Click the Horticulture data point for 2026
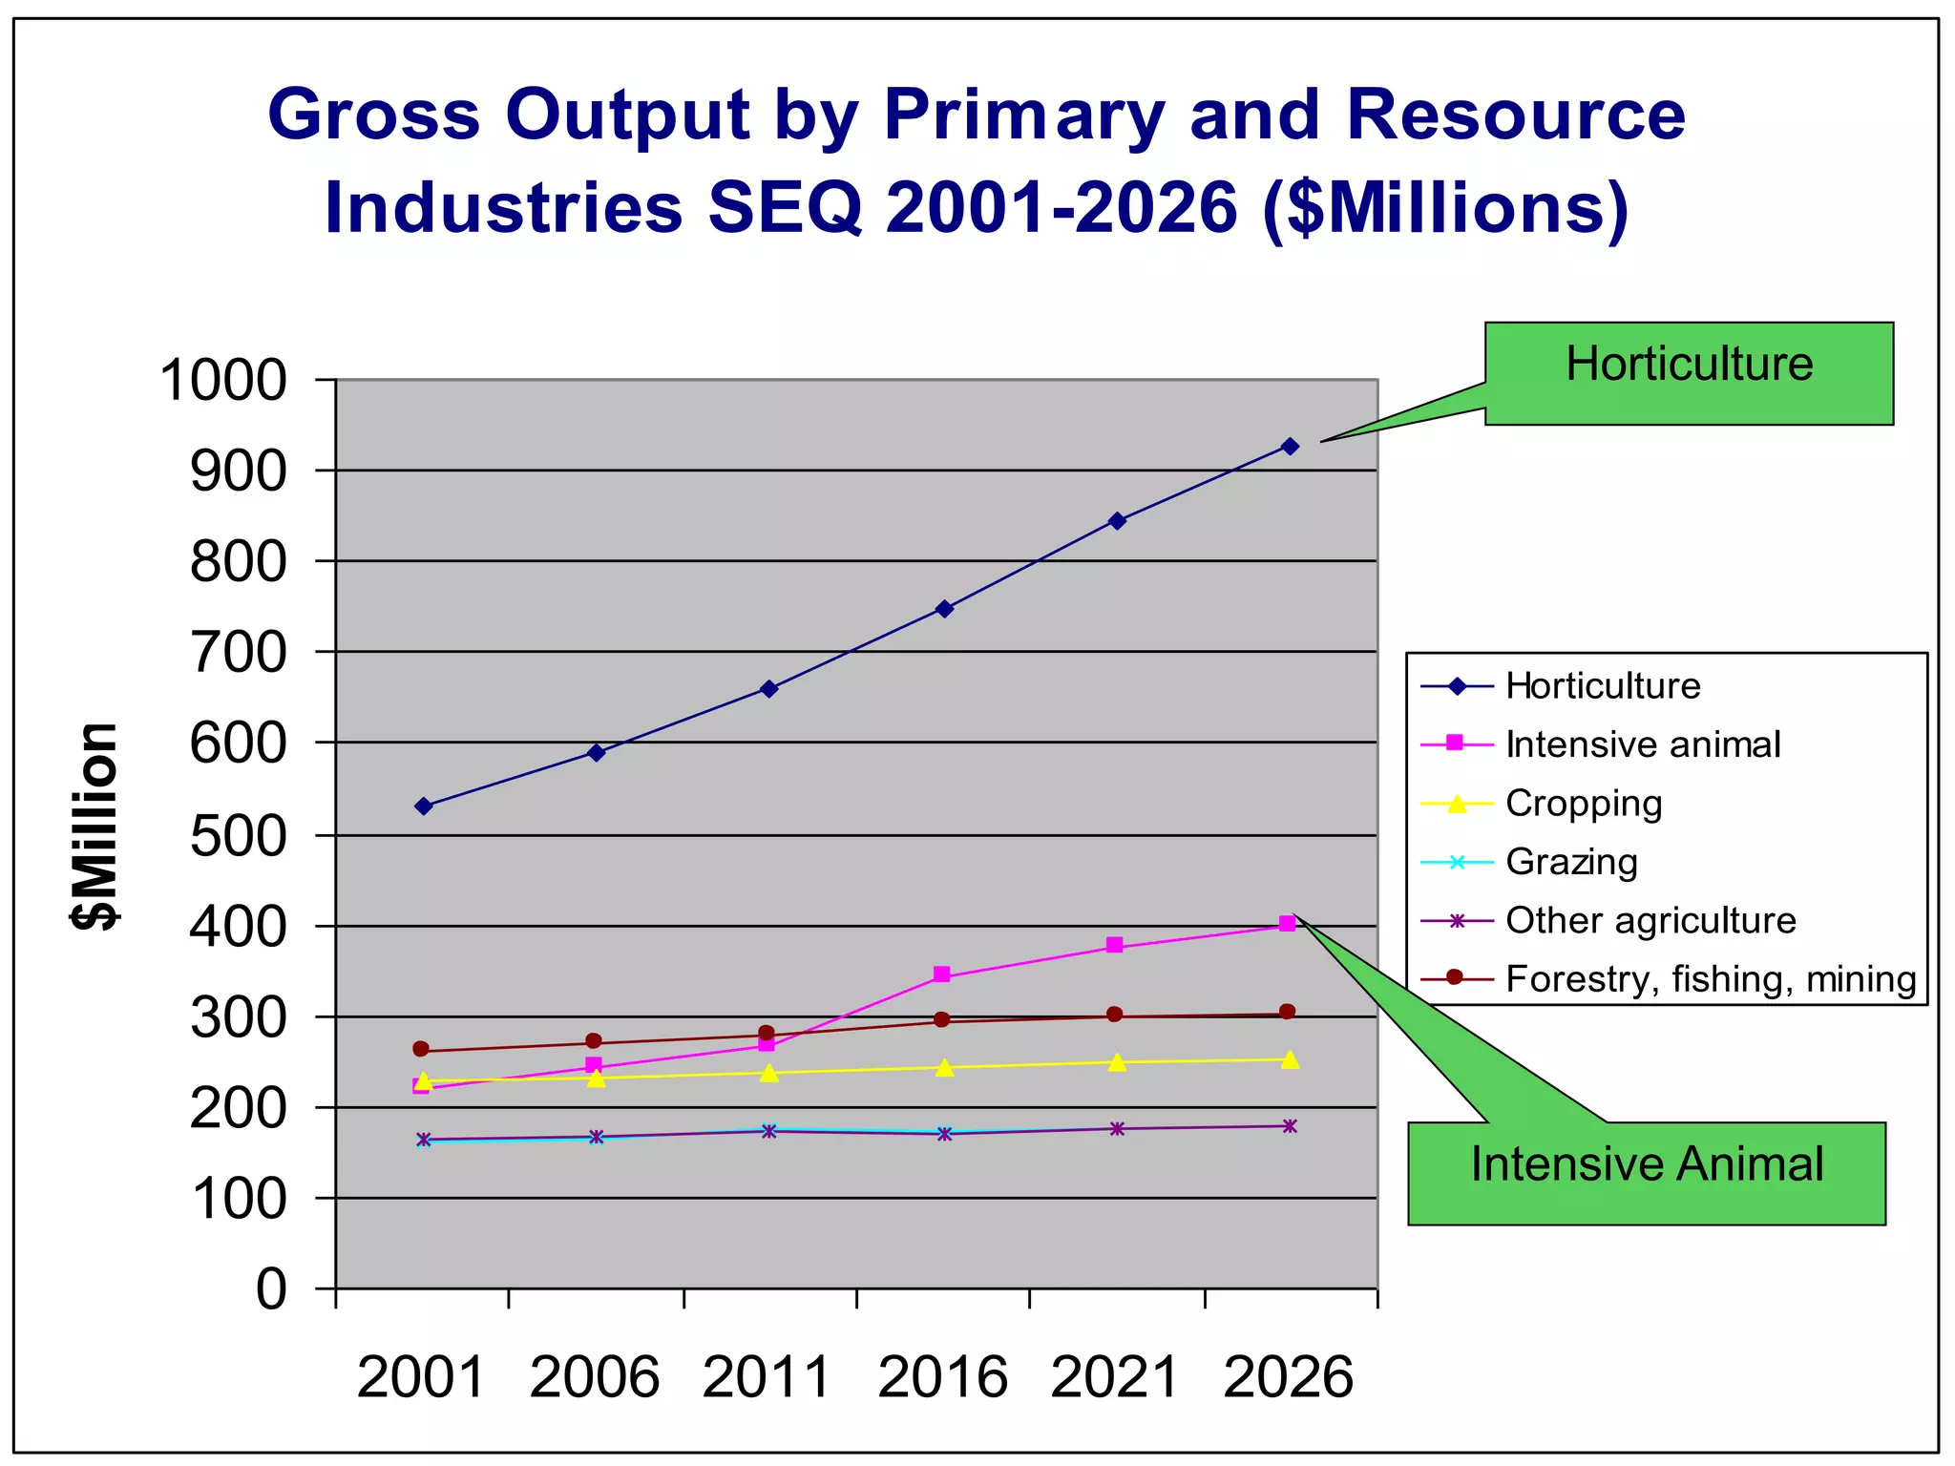click(1290, 446)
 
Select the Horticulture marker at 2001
click(424, 806)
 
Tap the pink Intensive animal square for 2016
click(942, 974)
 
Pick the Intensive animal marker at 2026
click(1287, 923)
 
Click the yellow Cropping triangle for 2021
click(1117, 1062)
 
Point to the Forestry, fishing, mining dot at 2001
click(421, 1049)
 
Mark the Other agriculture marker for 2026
click(1290, 1126)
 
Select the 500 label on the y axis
click(238, 837)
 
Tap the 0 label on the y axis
click(271, 1289)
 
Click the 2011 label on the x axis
click(767, 1377)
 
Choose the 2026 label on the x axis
click(1289, 1377)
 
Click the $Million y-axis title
click(96, 827)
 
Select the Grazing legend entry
click(1571, 862)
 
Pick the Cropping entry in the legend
click(1584, 804)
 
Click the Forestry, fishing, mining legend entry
click(1710, 979)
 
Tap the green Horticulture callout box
click(1689, 373)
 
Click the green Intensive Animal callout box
click(1647, 1173)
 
